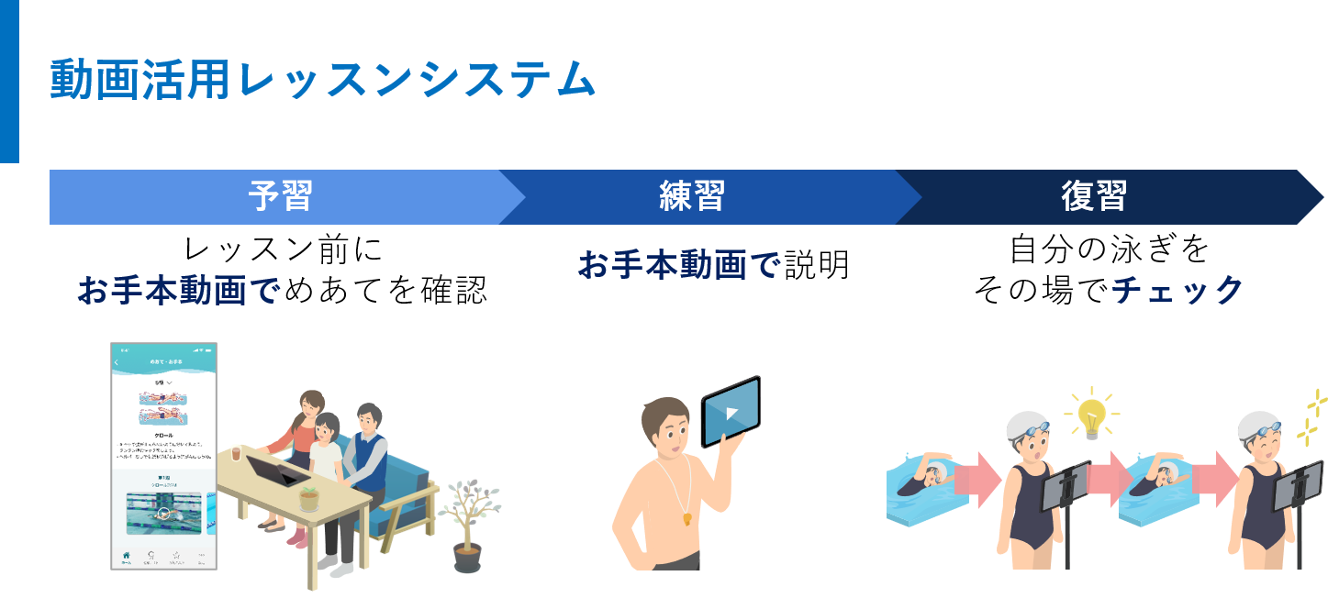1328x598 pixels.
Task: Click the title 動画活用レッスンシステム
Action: (x=322, y=81)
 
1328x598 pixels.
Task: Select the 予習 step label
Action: (x=280, y=196)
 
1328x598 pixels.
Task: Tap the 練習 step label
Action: (x=692, y=196)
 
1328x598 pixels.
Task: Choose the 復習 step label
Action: (x=1093, y=196)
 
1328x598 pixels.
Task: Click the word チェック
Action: (x=1177, y=291)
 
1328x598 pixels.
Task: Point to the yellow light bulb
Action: (x=1091, y=414)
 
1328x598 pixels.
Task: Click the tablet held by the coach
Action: (x=731, y=412)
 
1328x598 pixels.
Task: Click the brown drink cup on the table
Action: (x=236, y=454)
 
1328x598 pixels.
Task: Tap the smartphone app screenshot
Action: (x=163, y=456)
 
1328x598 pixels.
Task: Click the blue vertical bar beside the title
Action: (x=9, y=81)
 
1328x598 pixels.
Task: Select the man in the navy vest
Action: (x=367, y=459)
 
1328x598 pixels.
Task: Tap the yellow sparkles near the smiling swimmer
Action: (x=1313, y=417)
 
